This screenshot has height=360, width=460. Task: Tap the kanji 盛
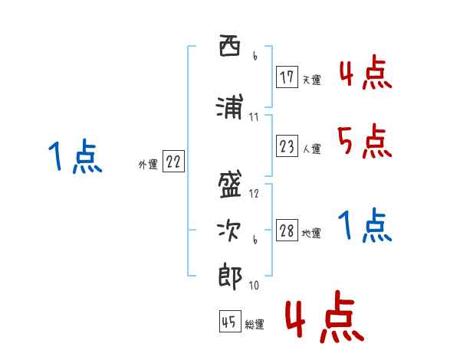click(x=230, y=185)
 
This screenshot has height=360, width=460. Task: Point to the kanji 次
click(x=230, y=230)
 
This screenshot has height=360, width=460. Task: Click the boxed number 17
click(x=287, y=77)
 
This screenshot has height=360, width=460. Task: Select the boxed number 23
click(x=287, y=146)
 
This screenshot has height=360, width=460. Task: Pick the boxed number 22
click(x=173, y=162)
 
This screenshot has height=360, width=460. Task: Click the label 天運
click(x=311, y=80)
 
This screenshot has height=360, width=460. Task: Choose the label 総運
click(x=255, y=325)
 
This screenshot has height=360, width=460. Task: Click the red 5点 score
click(x=365, y=141)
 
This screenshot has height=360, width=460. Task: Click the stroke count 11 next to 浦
click(x=254, y=117)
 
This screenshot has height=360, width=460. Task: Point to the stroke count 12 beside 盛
click(x=255, y=194)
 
